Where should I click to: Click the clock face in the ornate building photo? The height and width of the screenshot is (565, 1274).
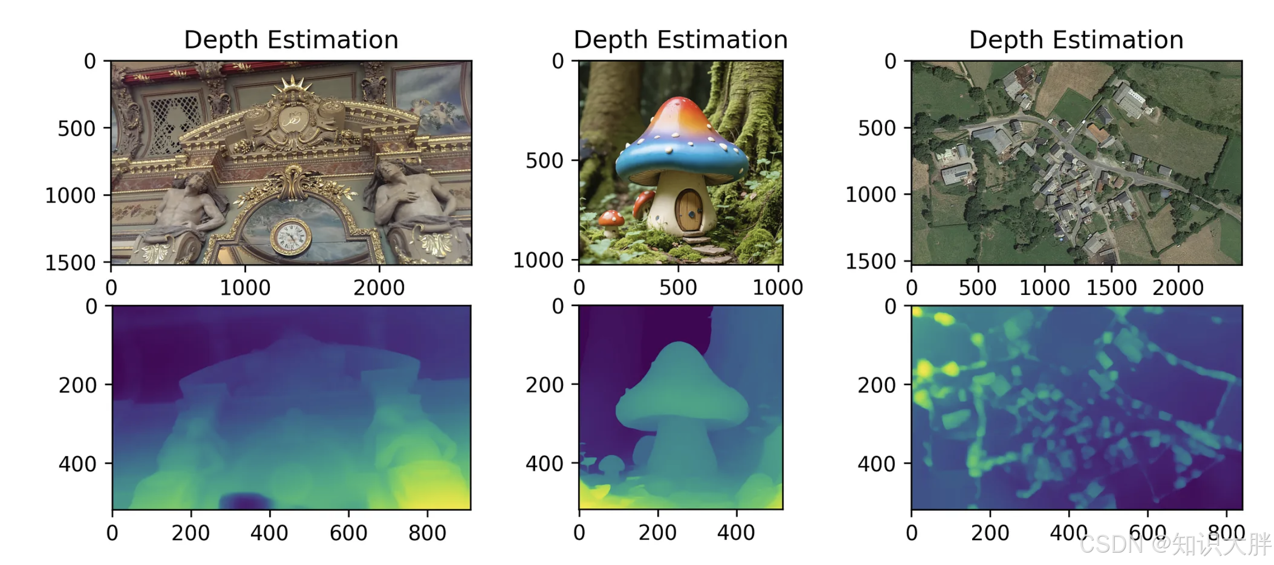click(x=291, y=236)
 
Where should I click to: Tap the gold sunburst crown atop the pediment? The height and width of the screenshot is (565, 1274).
click(x=293, y=86)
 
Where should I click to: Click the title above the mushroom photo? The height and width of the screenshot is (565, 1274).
click(x=680, y=40)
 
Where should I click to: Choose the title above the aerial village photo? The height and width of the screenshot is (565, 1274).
click(x=1076, y=40)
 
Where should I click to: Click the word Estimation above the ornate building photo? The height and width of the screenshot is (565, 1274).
click(x=332, y=40)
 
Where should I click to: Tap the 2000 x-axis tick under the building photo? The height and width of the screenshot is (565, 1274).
click(x=379, y=288)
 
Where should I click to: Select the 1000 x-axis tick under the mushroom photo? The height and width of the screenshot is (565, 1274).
click(x=777, y=288)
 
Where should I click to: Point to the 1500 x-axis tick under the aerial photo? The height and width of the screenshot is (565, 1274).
click(x=1111, y=288)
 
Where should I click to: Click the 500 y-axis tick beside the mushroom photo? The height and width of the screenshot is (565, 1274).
click(x=544, y=160)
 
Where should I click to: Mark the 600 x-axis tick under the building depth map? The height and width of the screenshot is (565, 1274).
click(x=348, y=533)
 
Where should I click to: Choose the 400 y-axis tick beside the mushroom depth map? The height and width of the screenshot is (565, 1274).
click(x=544, y=464)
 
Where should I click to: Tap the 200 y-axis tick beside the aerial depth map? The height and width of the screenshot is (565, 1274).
click(x=877, y=385)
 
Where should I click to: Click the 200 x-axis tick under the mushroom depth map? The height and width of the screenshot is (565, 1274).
click(x=657, y=533)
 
